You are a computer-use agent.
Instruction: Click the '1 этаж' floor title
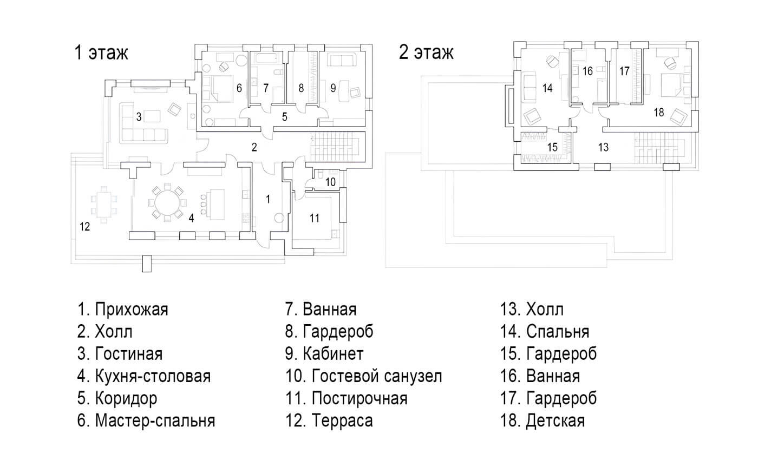pyautogui.click(x=101, y=53)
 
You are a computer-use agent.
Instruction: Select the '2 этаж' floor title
pyautogui.click(x=426, y=53)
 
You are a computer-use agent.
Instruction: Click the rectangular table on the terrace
pyautogui.click(x=104, y=205)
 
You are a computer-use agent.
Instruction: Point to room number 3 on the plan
pyautogui.click(x=139, y=117)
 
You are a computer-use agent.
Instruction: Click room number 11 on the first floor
pyautogui.click(x=315, y=218)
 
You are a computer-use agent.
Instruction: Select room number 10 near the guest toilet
pyautogui.click(x=330, y=182)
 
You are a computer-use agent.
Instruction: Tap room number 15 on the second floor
pyautogui.click(x=552, y=147)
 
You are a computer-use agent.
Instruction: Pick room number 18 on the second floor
pyautogui.click(x=658, y=113)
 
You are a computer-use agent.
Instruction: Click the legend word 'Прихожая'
pyautogui.click(x=132, y=310)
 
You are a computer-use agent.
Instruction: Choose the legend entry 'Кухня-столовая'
pyautogui.click(x=153, y=376)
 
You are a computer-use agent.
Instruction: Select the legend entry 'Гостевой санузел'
pyautogui.click(x=377, y=376)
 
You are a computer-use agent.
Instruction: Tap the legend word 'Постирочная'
pyautogui.click(x=360, y=398)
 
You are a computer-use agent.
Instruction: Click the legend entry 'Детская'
pyautogui.click(x=556, y=421)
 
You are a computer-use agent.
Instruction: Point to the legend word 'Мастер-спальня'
pyautogui.click(x=155, y=421)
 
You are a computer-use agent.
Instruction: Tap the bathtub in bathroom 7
pyautogui.click(x=267, y=58)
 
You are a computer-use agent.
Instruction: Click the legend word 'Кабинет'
pyautogui.click(x=333, y=354)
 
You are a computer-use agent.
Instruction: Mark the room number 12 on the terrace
pyautogui.click(x=84, y=227)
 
